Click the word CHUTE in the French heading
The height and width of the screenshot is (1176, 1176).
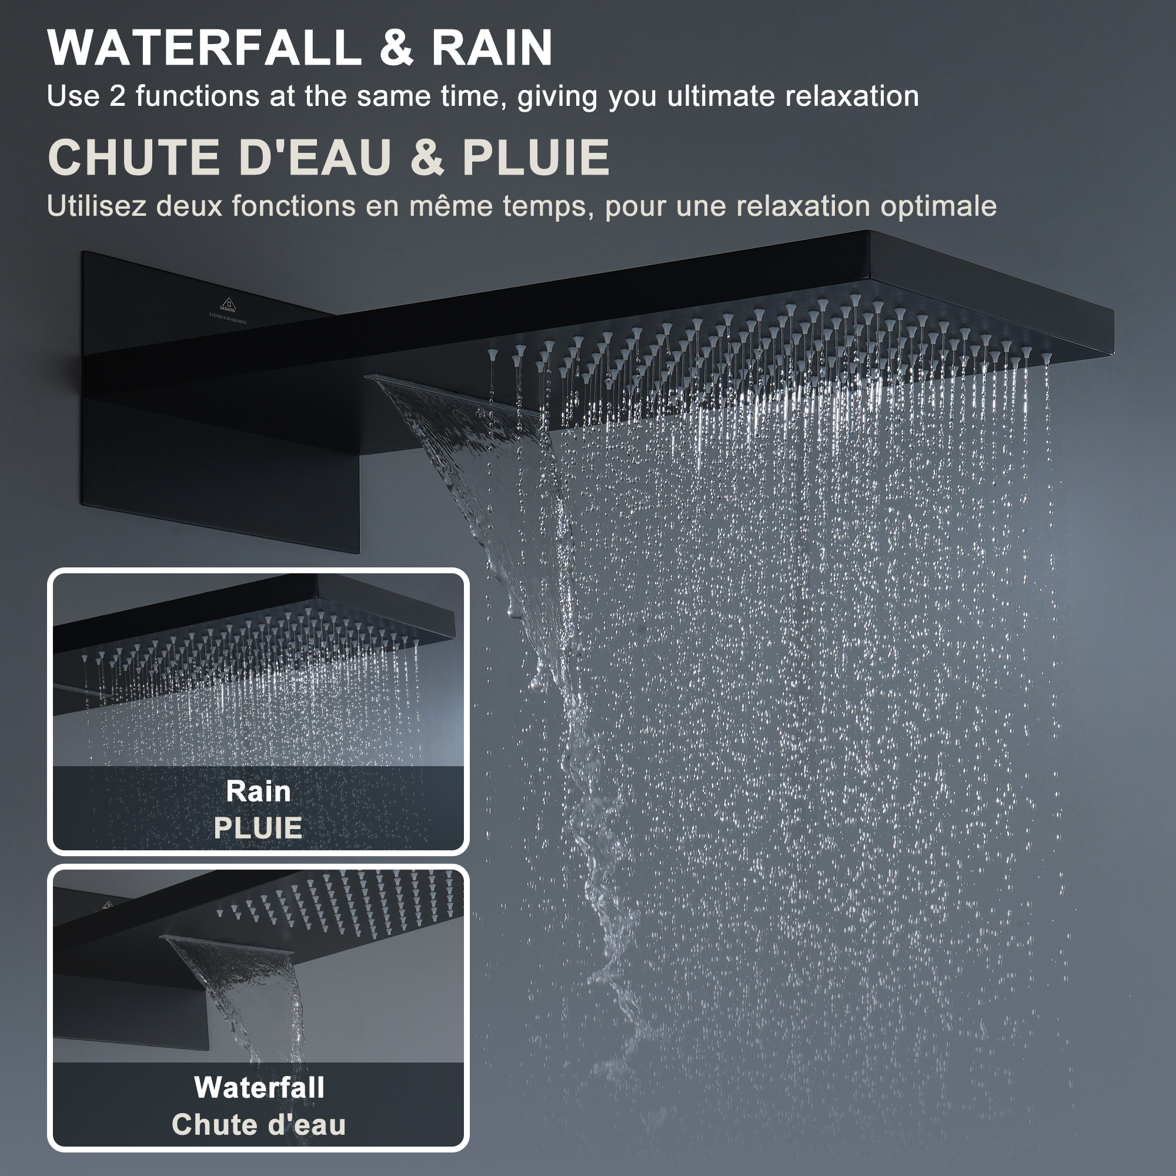coord(134,157)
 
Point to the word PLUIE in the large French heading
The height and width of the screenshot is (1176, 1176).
coord(536,157)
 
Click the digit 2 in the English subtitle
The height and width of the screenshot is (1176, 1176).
coord(118,96)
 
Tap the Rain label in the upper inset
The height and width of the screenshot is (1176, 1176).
coord(258,791)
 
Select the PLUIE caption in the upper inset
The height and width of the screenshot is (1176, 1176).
coord(258,828)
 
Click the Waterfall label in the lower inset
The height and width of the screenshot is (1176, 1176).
coord(259,1088)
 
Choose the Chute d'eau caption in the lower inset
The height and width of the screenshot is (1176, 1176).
coord(259,1124)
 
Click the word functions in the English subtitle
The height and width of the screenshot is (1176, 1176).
coord(198,96)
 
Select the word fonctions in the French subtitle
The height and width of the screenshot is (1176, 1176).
coord(294,206)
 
